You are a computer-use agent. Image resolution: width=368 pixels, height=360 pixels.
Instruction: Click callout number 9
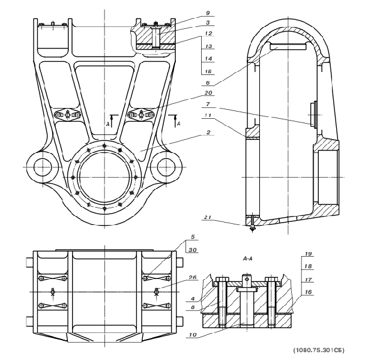(208, 13)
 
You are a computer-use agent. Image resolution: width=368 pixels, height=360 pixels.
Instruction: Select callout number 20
(208, 93)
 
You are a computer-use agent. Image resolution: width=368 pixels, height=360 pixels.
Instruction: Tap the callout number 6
(208, 83)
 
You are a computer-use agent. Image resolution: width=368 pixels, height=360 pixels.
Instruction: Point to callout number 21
(207, 217)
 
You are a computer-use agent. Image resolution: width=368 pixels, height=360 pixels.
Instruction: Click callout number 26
(193, 277)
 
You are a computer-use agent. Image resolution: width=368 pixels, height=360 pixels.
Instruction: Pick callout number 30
(193, 250)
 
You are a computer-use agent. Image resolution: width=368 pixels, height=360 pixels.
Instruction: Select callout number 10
(193, 335)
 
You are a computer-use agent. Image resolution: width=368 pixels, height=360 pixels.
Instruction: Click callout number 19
(308, 254)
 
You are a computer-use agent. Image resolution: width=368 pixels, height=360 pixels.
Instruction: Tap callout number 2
(208, 132)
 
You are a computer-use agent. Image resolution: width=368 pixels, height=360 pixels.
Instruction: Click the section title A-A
(248, 259)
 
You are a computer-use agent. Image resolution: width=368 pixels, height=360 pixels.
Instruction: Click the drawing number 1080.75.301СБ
(319, 350)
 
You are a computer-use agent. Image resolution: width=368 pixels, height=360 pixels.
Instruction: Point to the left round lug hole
(43, 167)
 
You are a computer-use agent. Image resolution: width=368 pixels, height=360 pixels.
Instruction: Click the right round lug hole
(166, 167)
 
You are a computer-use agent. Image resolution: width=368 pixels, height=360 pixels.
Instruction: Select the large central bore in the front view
(104, 178)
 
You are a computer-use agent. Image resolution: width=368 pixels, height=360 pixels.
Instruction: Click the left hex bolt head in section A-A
(222, 280)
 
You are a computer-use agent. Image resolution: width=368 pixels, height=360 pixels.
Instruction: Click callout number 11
(208, 115)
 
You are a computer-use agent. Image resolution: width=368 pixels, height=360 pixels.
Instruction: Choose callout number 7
(208, 104)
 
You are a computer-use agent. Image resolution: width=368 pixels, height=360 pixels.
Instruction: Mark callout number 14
(208, 59)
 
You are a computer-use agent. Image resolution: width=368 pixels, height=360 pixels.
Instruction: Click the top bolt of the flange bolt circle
(104, 146)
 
